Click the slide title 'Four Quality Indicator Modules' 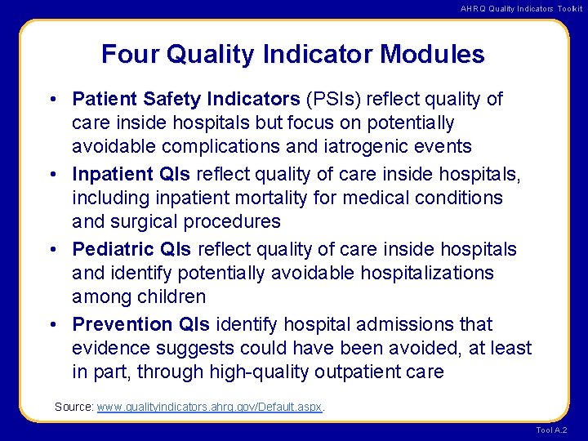(x=292, y=55)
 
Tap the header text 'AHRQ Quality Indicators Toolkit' (x=521, y=8)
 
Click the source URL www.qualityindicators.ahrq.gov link (x=210, y=406)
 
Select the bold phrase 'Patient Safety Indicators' (x=186, y=100)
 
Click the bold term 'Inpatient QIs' (x=131, y=175)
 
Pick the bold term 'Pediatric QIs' (x=131, y=249)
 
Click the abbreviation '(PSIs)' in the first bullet (x=334, y=100)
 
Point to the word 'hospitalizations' (x=421, y=273)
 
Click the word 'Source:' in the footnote (x=73, y=406)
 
